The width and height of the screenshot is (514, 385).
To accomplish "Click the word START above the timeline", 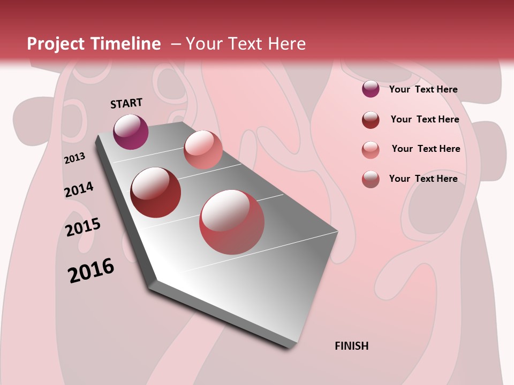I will [126, 103].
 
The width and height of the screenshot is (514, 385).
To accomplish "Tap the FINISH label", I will [351, 346].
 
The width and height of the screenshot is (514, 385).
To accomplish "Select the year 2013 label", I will [75, 158].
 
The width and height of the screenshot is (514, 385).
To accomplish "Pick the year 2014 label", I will [79, 189].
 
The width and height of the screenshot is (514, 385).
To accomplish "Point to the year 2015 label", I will [83, 227].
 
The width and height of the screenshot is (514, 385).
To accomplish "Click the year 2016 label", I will [91, 270].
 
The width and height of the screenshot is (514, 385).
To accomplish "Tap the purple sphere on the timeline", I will [131, 132].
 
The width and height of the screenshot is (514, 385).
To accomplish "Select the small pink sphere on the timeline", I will [203, 149].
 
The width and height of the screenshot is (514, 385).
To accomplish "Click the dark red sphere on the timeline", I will [156, 192].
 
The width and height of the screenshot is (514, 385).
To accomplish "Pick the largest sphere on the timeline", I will [232, 222].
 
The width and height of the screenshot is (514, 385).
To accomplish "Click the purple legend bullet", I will [371, 89].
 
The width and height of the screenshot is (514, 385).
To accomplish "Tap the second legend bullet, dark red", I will [371, 119].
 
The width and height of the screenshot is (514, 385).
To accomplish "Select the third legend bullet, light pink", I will [371, 149].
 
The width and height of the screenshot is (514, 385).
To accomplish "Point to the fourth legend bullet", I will [371, 179].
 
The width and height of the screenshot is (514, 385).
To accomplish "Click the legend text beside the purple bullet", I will [423, 89].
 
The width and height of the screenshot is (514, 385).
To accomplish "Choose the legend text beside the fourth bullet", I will [423, 179].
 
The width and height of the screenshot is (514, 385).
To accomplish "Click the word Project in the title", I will [55, 44].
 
